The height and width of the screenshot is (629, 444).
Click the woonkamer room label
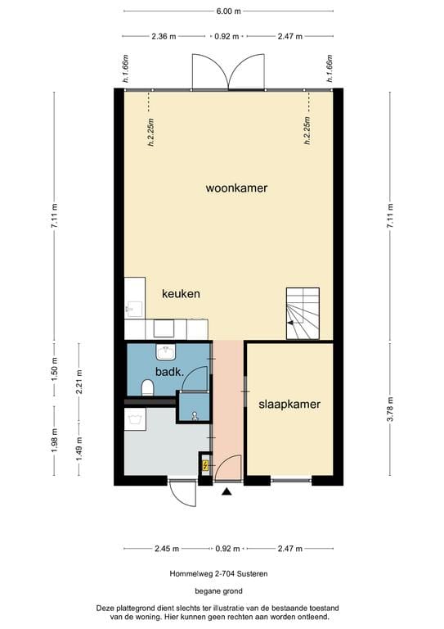[x=236, y=188]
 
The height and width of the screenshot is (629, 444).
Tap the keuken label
[x=181, y=293]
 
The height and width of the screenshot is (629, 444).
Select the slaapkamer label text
[x=289, y=405]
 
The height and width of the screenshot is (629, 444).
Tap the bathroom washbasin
[x=167, y=352]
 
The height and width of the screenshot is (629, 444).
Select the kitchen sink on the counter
[x=133, y=309]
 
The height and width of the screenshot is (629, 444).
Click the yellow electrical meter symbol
[x=204, y=466]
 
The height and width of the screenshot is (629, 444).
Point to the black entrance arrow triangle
[x=226, y=491]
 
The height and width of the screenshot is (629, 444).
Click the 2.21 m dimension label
[x=78, y=383]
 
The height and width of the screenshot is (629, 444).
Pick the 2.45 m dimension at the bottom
[x=164, y=549]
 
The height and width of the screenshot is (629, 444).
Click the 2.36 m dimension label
[x=164, y=36]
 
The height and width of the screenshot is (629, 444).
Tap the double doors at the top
[x=228, y=72]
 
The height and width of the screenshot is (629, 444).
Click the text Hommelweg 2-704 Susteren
[x=222, y=574]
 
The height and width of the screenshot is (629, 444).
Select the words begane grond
[x=222, y=591]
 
